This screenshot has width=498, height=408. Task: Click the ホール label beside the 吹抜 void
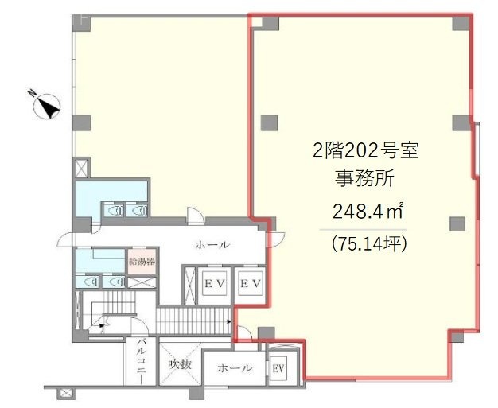click(x=235, y=368)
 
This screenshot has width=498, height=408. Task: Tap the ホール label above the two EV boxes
click(x=212, y=245)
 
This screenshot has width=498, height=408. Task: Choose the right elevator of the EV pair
click(x=251, y=283)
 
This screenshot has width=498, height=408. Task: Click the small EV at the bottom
click(x=278, y=367)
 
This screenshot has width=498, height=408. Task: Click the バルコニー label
click(x=140, y=361)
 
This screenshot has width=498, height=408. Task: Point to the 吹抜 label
click(x=181, y=365)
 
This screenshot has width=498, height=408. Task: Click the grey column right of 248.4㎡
click(x=456, y=222)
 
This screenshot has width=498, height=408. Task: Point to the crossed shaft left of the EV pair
click(x=191, y=284)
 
